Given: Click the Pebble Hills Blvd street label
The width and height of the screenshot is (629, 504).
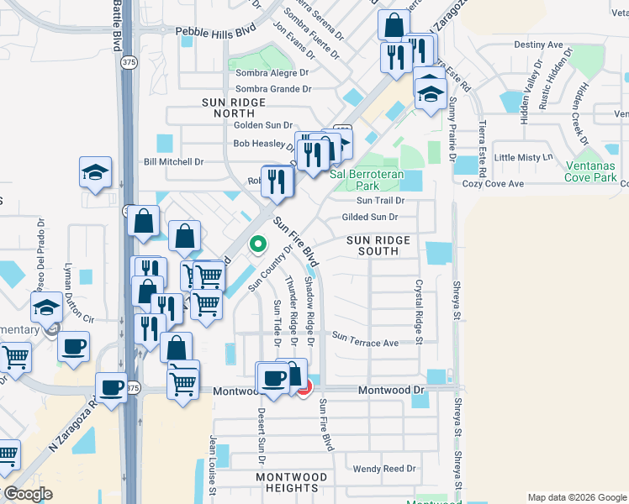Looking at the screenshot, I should coord(214,31).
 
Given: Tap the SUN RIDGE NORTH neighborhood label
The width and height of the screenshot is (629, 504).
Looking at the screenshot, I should coord(234,108).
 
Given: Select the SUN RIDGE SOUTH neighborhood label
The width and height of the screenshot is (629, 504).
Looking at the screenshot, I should coord(378,245).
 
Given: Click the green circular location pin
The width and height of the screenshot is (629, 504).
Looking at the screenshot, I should coord(258,244).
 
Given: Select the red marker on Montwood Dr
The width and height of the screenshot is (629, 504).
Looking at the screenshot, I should coord(304,386).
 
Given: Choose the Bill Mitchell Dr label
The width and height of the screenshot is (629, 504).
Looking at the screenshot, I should coord(174,161).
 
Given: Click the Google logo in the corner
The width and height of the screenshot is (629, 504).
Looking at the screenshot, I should coord(28,494).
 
